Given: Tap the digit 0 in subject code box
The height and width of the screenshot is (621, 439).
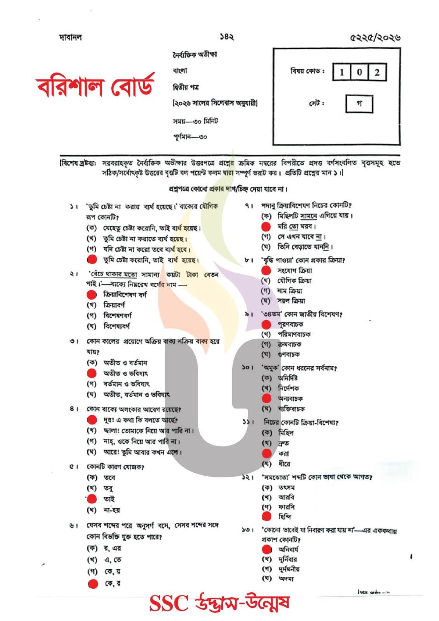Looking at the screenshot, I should (x=359, y=73).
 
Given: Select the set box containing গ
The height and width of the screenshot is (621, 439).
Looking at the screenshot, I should (x=359, y=104).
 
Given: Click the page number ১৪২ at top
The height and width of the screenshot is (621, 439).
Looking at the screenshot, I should (x=227, y=37).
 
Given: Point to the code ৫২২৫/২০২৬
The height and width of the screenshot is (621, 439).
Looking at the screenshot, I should (x=375, y=38).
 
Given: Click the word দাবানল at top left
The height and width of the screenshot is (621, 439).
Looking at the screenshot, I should (x=70, y=38).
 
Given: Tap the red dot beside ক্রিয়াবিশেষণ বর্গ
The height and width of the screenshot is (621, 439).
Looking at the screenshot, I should (x=92, y=295).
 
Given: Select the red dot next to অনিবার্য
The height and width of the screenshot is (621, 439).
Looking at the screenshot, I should (x=266, y=549).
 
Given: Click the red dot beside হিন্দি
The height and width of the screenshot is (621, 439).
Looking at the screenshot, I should (x=266, y=516).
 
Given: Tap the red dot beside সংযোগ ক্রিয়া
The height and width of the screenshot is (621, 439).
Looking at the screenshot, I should (x=266, y=270).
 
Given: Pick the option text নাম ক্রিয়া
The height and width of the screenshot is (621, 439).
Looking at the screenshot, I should (x=290, y=291).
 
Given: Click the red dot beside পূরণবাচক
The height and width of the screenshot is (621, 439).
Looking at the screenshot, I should (x=266, y=324).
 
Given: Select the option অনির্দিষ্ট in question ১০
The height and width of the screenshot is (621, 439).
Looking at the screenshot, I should (x=288, y=378).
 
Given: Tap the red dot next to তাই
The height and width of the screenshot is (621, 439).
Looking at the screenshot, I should (x=92, y=499).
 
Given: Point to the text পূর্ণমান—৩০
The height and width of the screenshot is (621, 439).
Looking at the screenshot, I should (x=190, y=137).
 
